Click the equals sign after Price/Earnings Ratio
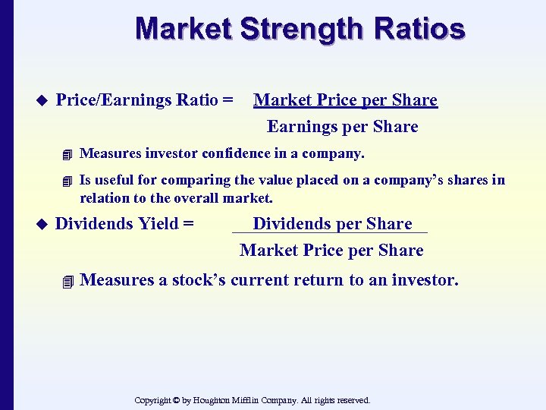(x=227, y=100)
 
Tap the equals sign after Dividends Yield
(x=187, y=224)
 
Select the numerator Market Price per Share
(x=345, y=100)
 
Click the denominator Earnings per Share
(x=342, y=127)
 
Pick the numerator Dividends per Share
(x=332, y=224)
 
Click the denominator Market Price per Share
(x=331, y=251)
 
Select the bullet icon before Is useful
(x=67, y=181)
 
